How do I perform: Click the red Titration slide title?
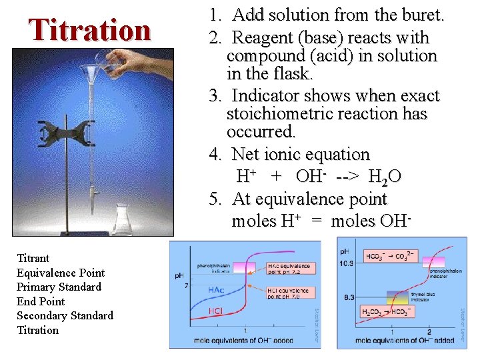pyautogui.click(x=89, y=30)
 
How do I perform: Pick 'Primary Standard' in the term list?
pyautogui.click(x=59, y=287)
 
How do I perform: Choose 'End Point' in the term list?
pyautogui.click(x=41, y=301)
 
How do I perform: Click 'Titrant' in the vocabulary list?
pyautogui.click(x=33, y=258)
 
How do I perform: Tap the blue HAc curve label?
pyautogui.click(x=216, y=290)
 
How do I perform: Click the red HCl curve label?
pyautogui.click(x=215, y=311)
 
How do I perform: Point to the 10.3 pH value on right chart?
pyautogui.click(x=348, y=263)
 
